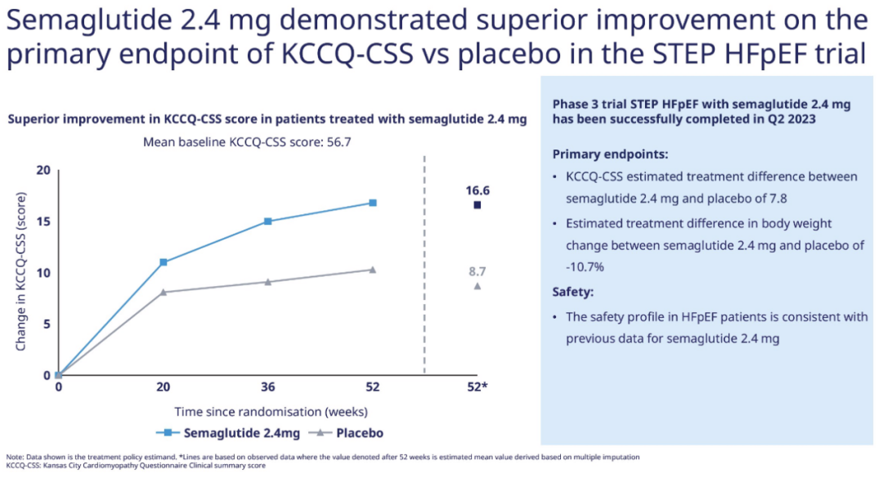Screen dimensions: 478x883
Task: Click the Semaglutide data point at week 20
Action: [x=164, y=262]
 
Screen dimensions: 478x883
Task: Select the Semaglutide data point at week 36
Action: [x=268, y=221]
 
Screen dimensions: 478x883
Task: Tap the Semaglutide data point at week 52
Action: [x=373, y=203]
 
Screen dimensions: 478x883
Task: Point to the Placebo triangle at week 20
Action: [x=164, y=292]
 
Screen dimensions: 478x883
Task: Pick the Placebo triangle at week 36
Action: [x=268, y=282]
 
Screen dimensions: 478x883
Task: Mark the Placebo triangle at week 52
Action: [x=373, y=270]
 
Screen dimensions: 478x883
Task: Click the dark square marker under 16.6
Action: [x=477, y=205]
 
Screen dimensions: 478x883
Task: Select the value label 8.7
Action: [x=477, y=270]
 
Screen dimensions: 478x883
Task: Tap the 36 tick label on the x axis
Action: [x=268, y=386]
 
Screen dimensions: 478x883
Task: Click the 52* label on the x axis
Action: [x=478, y=386]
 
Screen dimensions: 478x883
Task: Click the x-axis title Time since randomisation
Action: [x=271, y=411]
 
